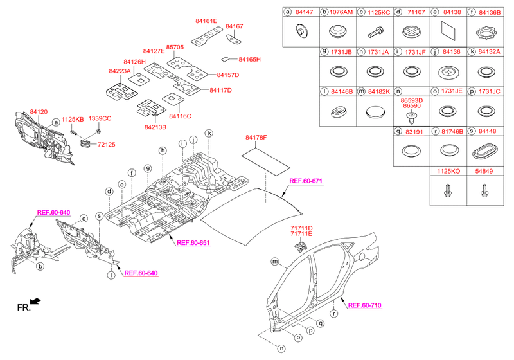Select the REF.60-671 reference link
[306, 181]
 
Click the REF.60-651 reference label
[193, 242]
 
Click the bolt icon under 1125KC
[374, 30]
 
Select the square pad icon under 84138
[448, 30]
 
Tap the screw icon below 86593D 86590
[411, 118]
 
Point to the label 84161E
[206, 21]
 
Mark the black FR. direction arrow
[37, 301]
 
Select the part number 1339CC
[100, 118]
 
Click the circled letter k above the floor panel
[209, 133]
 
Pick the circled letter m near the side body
[274, 261]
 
